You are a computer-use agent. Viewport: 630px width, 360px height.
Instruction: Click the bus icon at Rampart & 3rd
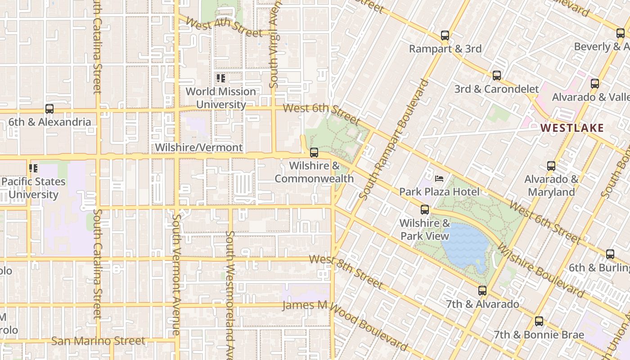[x=445, y=36]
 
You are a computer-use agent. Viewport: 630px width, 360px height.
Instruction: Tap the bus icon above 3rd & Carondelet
[x=497, y=76]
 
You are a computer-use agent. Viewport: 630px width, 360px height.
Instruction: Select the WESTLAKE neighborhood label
[x=572, y=128]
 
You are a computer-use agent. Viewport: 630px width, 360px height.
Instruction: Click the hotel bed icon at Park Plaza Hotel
[x=439, y=179]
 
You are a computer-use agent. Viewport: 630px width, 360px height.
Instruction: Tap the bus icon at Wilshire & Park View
[x=424, y=210]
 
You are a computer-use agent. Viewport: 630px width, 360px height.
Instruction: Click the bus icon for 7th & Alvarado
[x=482, y=291]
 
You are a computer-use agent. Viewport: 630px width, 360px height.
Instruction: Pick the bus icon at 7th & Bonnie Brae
[x=539, y=321]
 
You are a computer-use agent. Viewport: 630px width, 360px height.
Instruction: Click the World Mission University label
[x=220, y=98]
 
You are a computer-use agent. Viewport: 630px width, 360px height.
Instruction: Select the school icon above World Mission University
[x=220, y=78]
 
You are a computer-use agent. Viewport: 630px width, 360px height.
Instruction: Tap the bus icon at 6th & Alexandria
[x=49, y=109]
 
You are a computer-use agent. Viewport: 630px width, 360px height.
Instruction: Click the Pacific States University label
[x=33, y=188]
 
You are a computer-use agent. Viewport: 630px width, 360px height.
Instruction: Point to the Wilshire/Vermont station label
[x=198, y=148]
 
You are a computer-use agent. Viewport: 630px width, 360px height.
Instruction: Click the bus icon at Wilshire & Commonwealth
[x=314, y=153]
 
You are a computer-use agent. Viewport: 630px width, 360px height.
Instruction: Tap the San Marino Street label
[x=98, y=341]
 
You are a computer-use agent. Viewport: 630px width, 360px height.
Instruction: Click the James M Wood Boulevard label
[x=344, y=323]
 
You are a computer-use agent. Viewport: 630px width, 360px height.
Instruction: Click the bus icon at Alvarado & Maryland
[x=551, y=166]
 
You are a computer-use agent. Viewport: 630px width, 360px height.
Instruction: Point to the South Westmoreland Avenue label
[x=230, y=292]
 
